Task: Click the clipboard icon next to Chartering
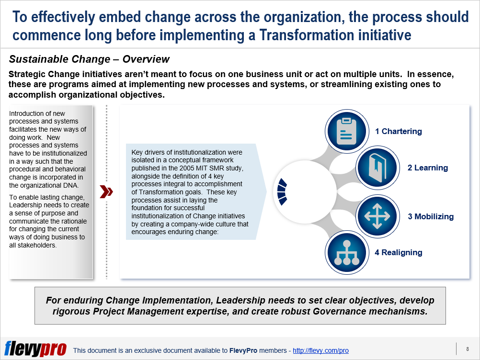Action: click(x=346, y=131)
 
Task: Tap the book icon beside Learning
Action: click(x=377, y=168)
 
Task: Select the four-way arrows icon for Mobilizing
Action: click(x=377, y=216)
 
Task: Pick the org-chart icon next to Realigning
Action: click(x=346, y=253)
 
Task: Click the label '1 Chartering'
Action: click(x=399, y=131)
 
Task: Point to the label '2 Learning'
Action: click(x=428, y=168)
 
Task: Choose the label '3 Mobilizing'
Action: click(x=431, y=216)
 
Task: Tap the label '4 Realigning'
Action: click(x=399, y=252)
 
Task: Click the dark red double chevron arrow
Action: click(x=106, y=192)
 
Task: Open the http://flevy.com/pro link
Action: click(x=320, y=350)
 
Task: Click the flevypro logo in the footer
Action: click(x=35, y=349)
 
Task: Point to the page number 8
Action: click(x=468, y=349)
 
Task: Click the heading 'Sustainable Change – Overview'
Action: click(x=89, y=59)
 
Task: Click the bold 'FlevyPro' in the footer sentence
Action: click(x=243, y=350)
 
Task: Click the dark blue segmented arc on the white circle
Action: click(x=282, y=192)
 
